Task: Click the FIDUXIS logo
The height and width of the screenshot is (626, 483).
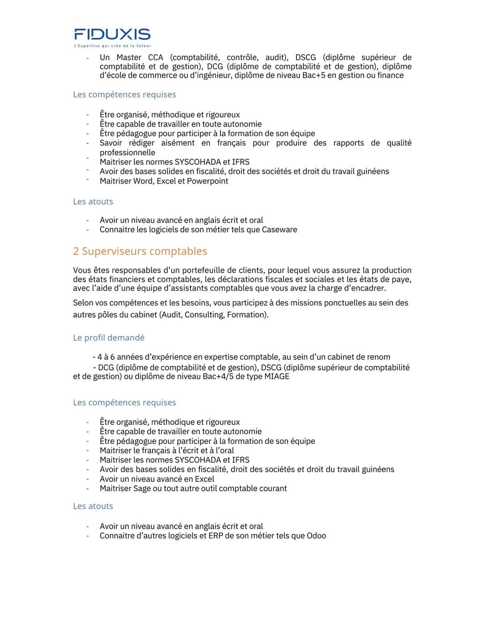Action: click(112, 34)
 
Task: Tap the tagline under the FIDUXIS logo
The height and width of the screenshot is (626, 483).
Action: click(112, 46)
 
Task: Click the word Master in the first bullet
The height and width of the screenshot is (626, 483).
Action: click(129, 57)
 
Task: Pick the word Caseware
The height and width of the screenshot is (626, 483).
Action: click(280, 230)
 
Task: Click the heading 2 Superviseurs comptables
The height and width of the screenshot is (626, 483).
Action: click(140, 251)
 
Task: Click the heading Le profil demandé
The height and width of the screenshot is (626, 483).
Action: click(109, 338)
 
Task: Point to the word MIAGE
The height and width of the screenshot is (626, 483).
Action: click(277, 376)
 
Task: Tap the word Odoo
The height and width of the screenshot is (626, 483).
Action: click(316, 536)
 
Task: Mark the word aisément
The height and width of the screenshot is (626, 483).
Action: click(178, 143)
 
